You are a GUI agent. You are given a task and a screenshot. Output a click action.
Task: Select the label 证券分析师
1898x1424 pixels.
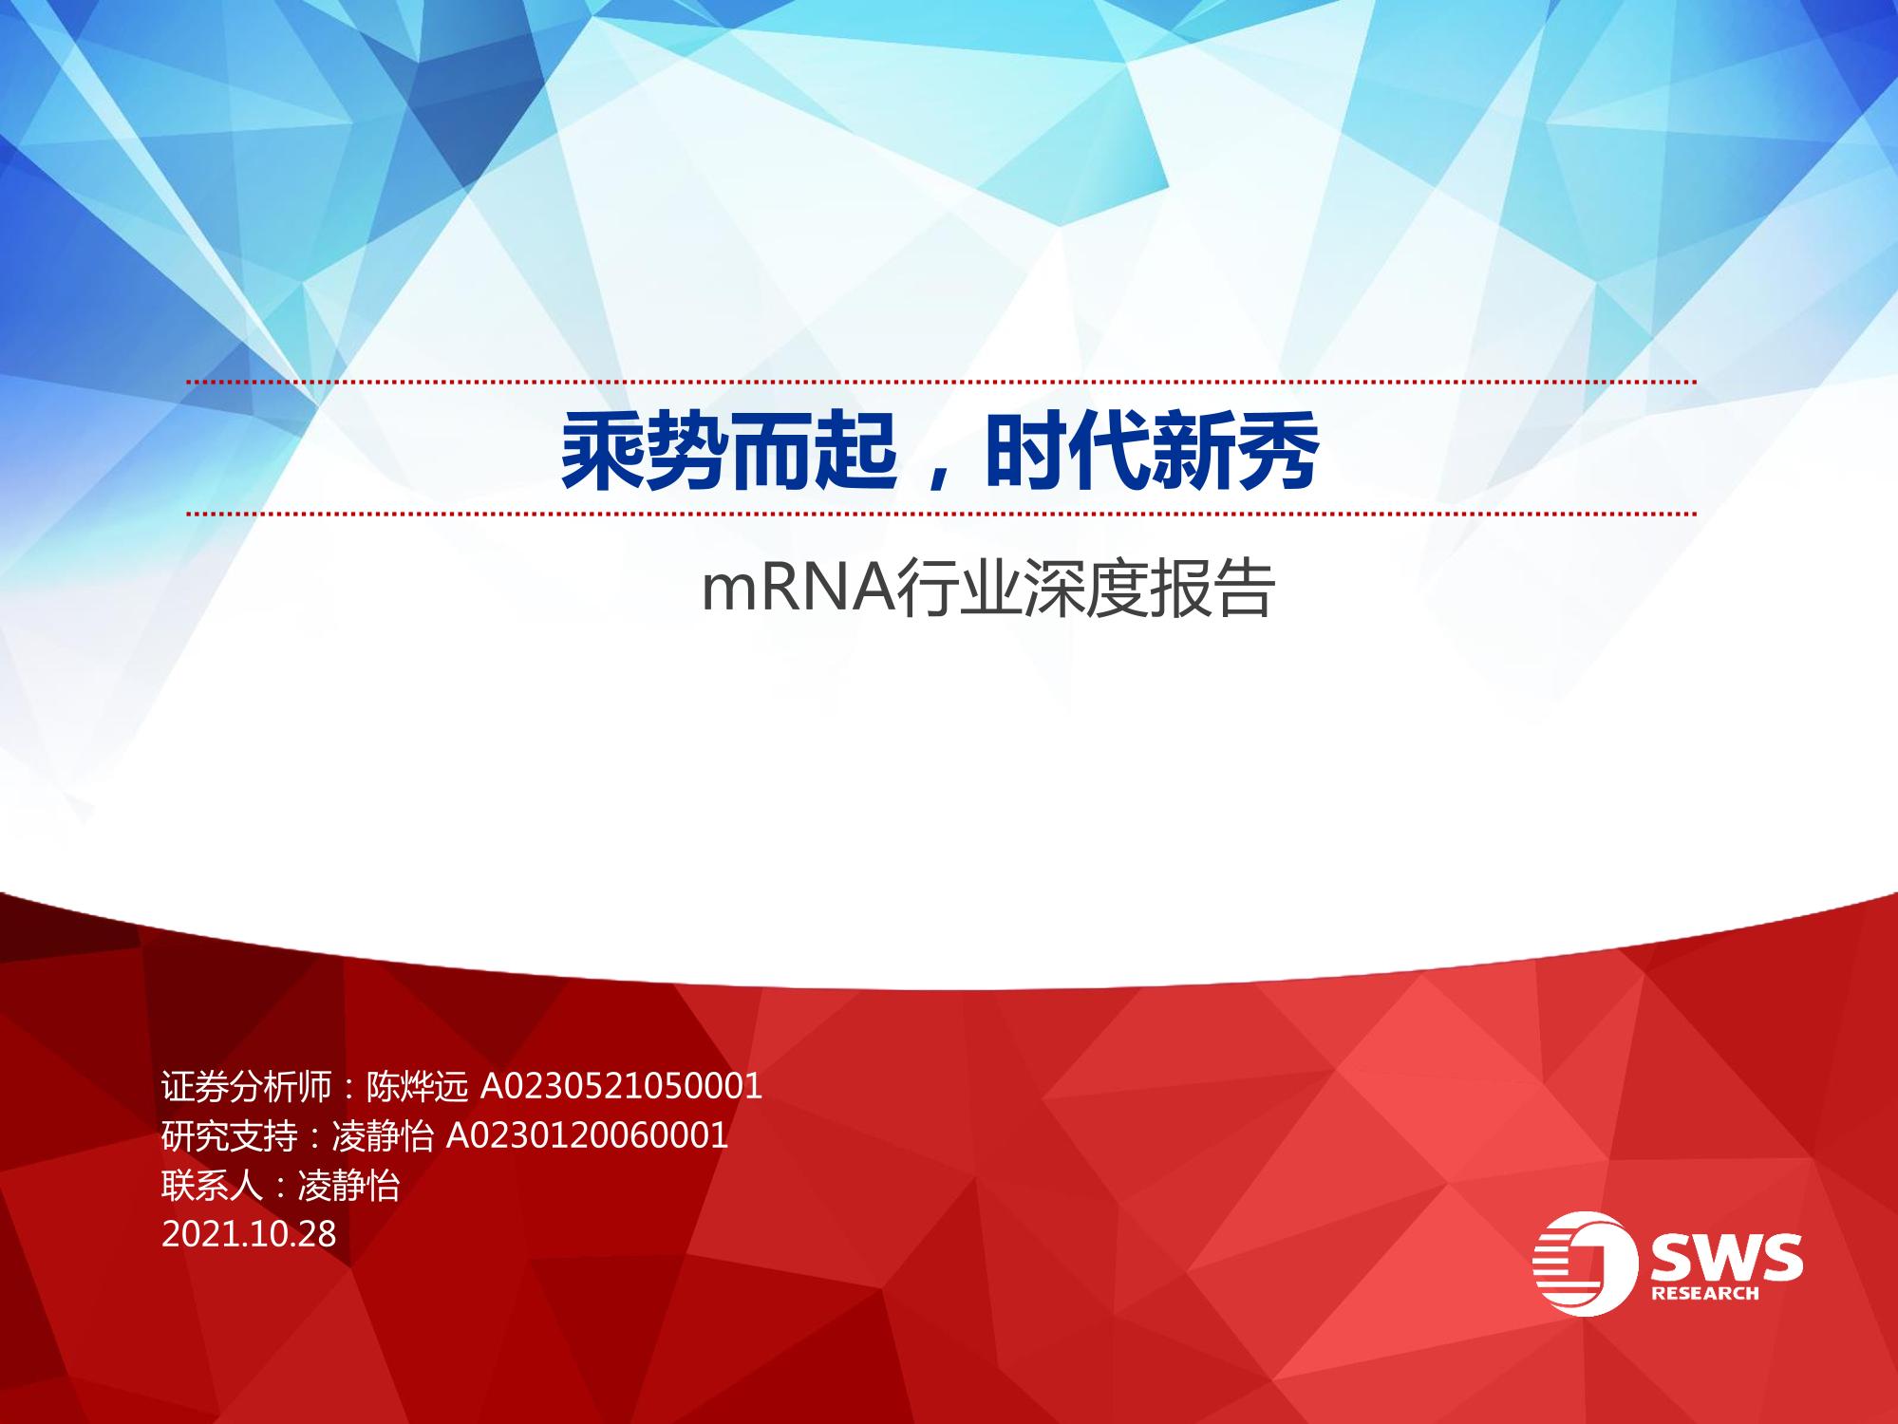(247, 1086)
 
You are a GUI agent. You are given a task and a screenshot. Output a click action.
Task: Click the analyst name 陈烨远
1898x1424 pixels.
(418, 1086)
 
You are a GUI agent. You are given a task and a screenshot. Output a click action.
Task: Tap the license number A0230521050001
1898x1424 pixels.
(622, 1086)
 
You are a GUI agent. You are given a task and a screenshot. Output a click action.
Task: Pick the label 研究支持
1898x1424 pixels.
(230, 1135)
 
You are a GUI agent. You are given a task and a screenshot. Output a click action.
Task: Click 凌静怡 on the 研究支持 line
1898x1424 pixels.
(383, 1135)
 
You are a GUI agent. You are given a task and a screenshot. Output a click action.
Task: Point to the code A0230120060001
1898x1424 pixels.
(587, 1135)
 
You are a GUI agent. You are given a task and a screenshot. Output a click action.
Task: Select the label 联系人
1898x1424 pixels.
(213, 1185)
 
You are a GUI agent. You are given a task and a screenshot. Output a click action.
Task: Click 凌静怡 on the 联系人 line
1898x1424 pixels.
(348, 1185)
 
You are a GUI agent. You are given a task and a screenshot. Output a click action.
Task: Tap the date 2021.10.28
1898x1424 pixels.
(249, 1234)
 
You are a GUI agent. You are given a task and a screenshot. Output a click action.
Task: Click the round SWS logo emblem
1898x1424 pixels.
(1586, 1264)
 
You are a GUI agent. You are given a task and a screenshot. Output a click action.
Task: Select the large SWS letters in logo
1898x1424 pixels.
(1725, 1255)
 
